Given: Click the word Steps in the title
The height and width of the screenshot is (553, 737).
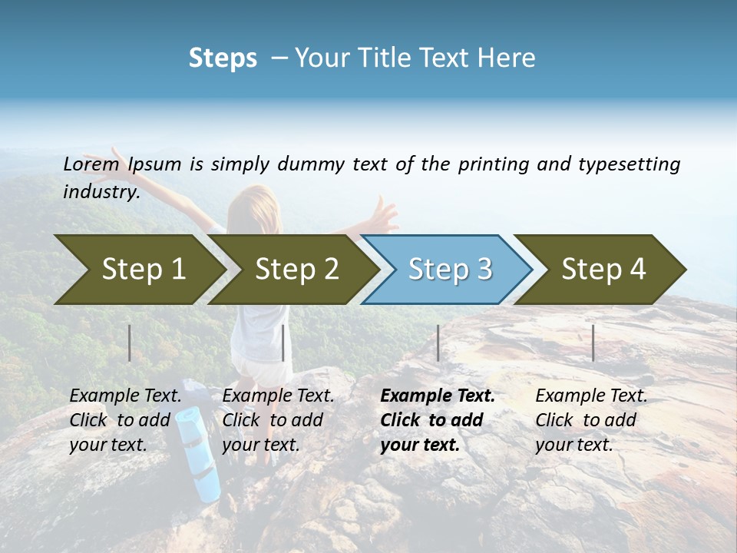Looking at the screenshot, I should click(x=223, y=58).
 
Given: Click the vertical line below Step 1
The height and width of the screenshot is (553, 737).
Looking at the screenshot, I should click(x=130, y=343).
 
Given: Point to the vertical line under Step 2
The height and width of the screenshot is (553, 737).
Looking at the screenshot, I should click(x=283, y=343).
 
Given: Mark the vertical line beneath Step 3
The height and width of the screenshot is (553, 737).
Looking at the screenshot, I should click(x=438, y=343).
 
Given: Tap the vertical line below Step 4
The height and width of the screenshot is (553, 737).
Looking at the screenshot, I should click(x=593, y=343).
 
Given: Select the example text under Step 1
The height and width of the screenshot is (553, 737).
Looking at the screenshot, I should click(x=126, y=419).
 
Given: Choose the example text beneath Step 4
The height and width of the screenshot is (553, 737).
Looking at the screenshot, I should click(x=591, y=419).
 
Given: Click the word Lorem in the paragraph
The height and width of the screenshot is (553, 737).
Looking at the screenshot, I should click(x=91, y=164).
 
